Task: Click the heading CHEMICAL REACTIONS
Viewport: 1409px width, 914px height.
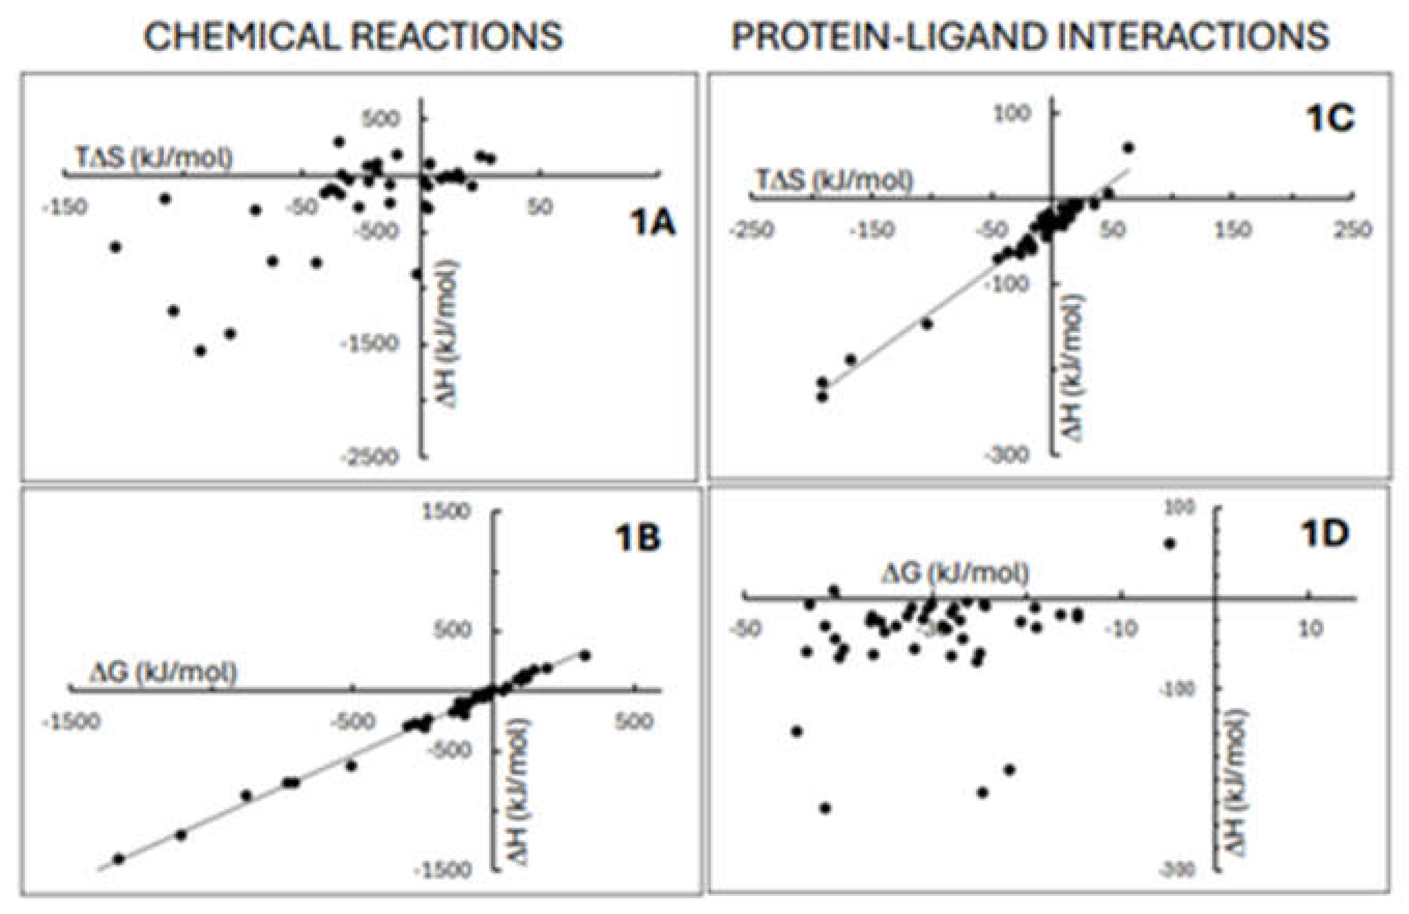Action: click(353, 37)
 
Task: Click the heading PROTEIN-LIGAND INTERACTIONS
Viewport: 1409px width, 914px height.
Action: click(1031, 37)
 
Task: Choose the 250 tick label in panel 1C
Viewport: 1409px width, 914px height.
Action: click(1353, 230)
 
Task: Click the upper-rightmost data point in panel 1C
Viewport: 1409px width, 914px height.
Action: click(1128, 148)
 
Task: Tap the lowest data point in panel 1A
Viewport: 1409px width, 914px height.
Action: click(200, 351)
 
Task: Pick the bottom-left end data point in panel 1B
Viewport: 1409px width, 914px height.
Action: click(119, 859)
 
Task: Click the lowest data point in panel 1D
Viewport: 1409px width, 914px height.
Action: click(825, 808)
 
